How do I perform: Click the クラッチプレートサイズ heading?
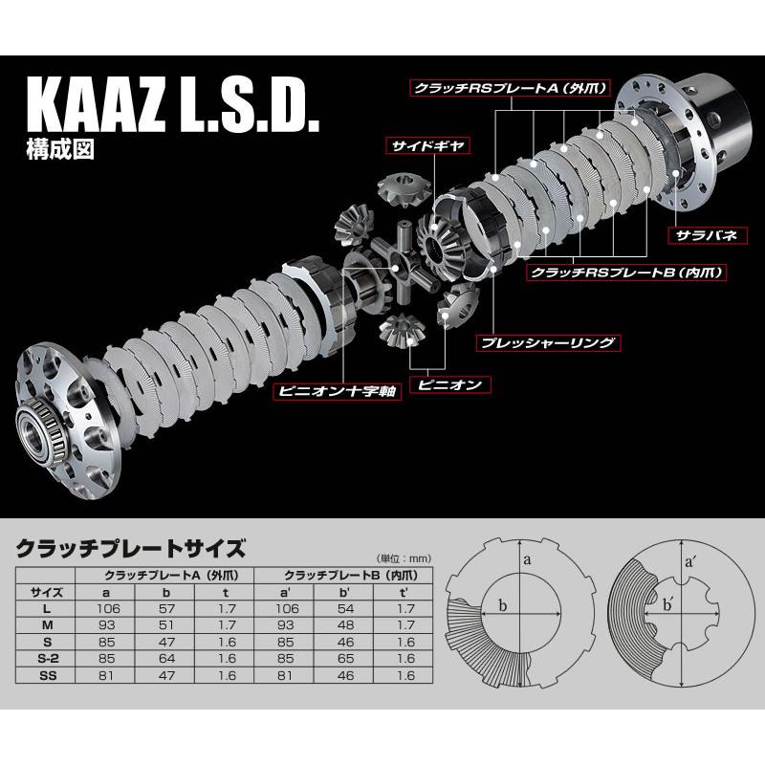click(x=131, y=549)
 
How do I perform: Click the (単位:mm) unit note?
click(x=393, y=557)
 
